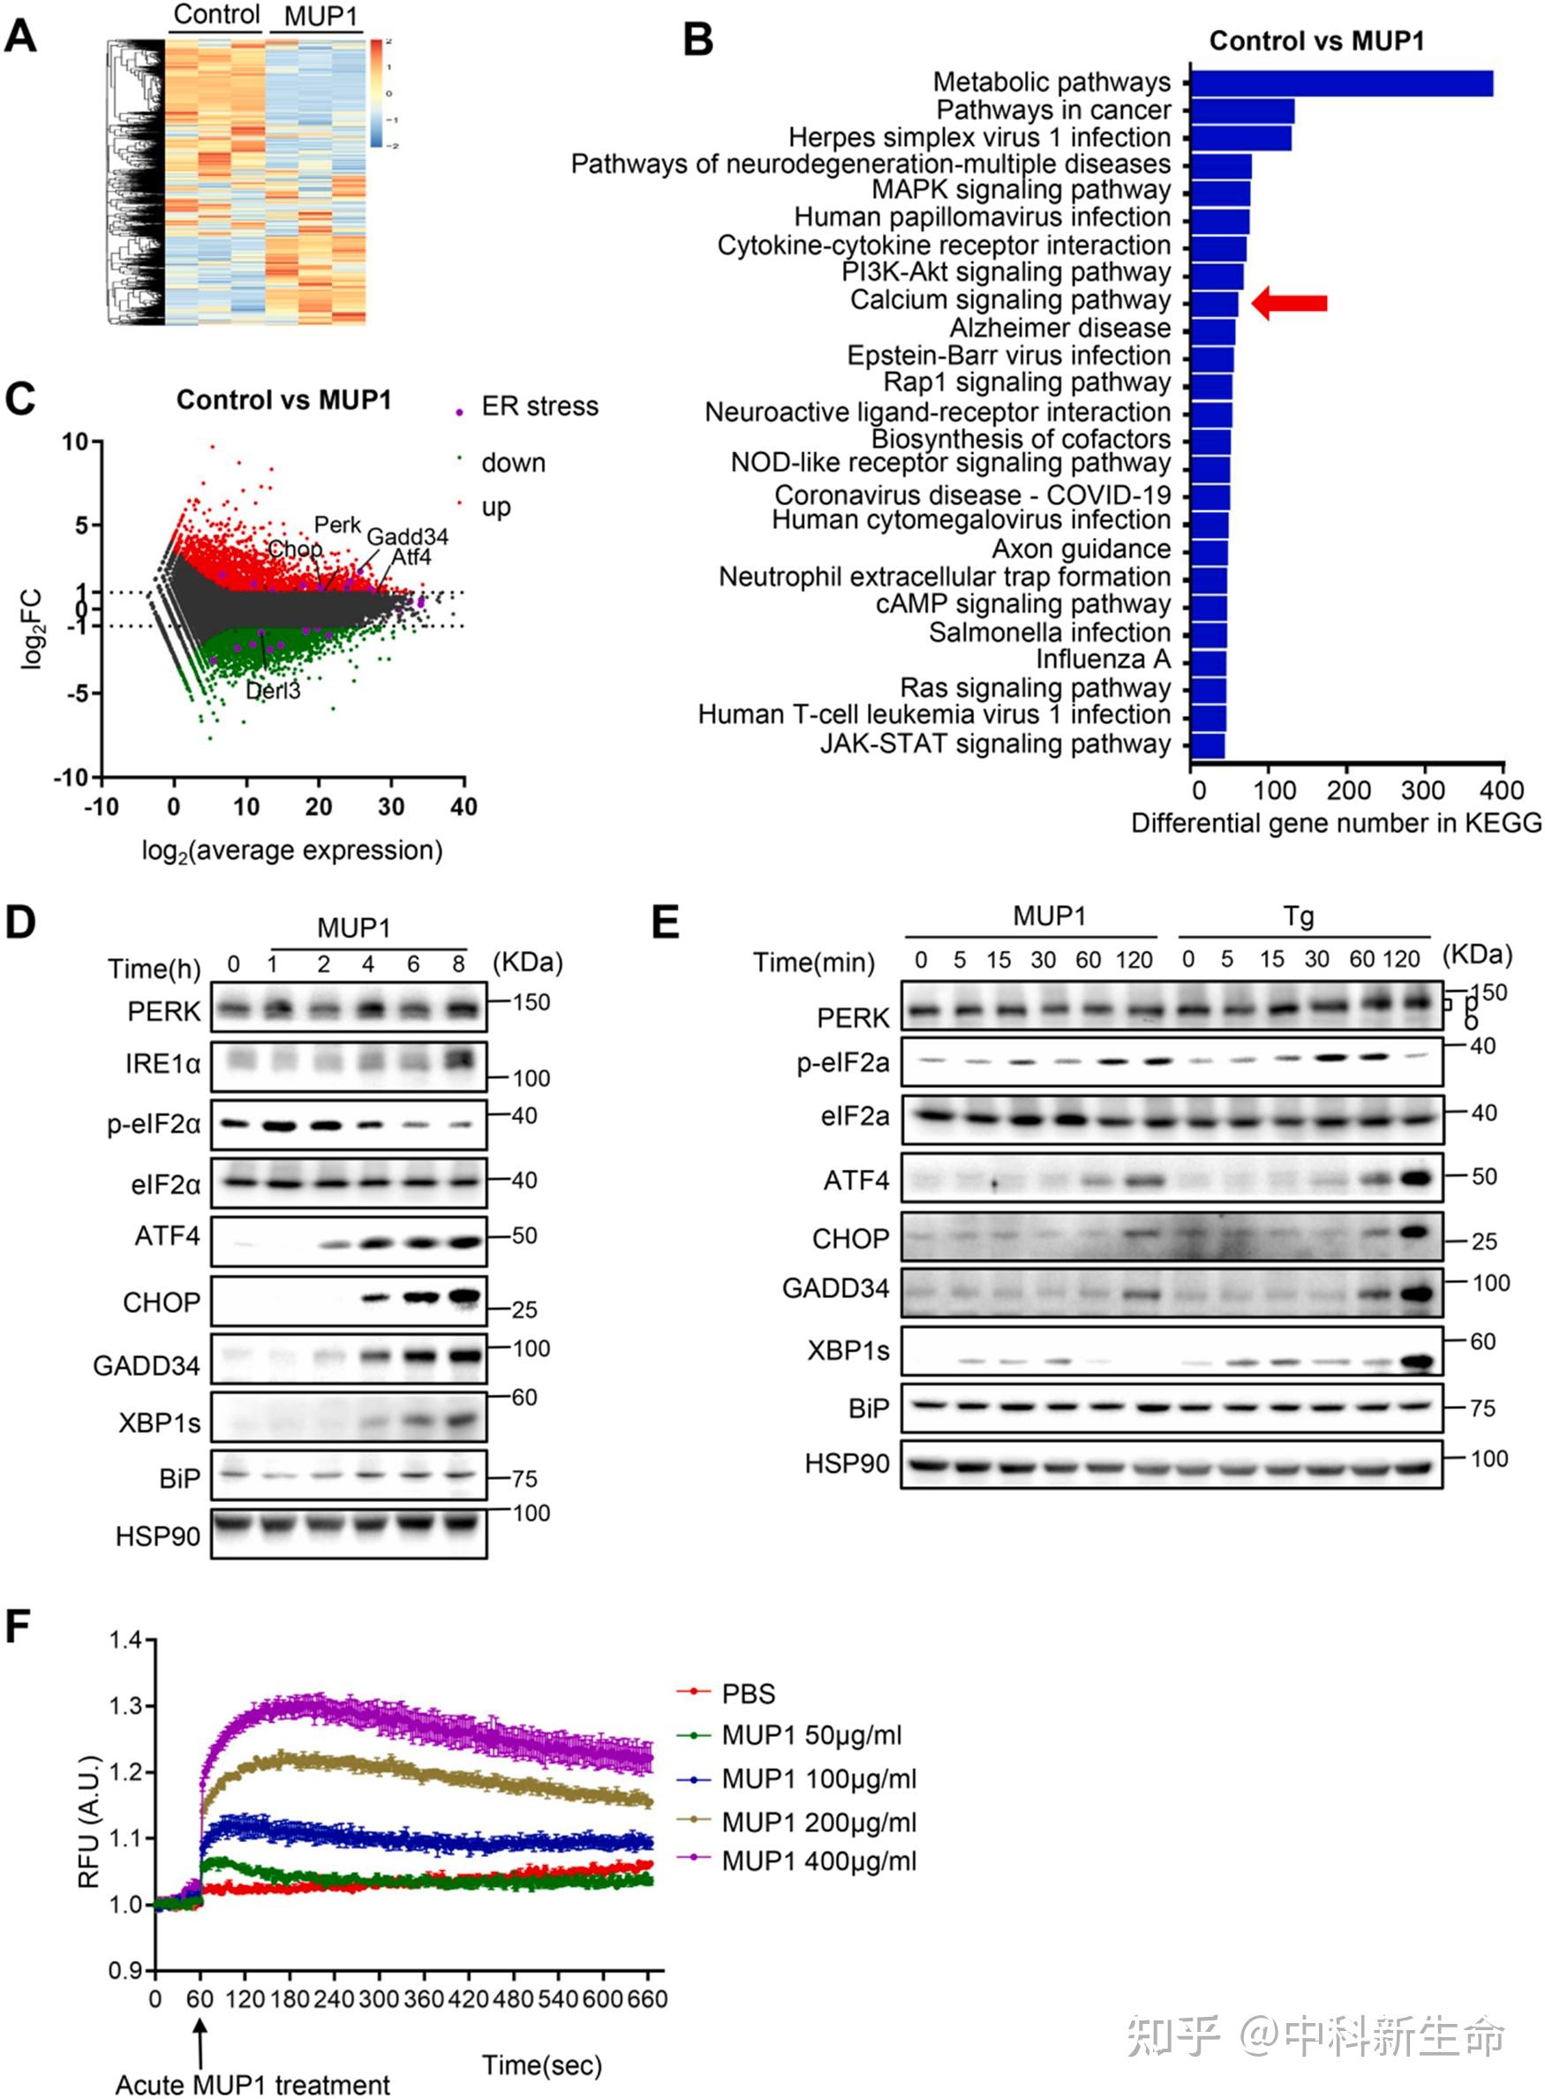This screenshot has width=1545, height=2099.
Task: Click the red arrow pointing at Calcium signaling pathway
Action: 1291,302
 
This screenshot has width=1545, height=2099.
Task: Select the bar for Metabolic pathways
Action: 1341,83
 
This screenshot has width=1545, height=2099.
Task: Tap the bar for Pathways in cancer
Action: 1242,111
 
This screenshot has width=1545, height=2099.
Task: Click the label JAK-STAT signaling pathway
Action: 995,744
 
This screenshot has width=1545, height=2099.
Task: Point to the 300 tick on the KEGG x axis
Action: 1422,790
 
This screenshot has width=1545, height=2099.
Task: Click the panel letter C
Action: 20,399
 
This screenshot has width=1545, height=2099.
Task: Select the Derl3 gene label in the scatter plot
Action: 273,691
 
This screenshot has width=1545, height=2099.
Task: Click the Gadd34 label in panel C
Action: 407,536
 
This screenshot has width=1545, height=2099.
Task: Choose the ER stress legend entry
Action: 539,407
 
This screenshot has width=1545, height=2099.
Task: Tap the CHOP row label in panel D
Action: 161,1302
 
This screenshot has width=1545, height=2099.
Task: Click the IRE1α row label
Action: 162,1063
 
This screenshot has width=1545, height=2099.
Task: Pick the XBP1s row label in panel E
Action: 848,1351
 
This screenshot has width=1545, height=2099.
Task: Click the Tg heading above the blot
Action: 1298,916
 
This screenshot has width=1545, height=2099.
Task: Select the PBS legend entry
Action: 748,1694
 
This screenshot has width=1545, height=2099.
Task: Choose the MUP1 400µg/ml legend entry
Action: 818,1861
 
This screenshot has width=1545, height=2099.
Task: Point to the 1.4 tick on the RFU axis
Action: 124,1640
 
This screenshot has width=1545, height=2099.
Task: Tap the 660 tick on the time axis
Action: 646,1999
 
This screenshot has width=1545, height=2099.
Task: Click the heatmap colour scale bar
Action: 376,94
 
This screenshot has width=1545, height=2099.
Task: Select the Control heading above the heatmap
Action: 217,15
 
